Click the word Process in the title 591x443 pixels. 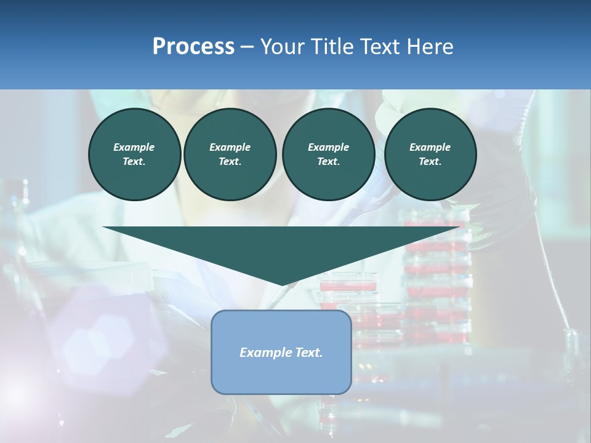(x=193, y=47)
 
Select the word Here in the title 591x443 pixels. (x=428, y=47)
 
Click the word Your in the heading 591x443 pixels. (x=282, y=47)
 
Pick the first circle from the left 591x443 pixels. (x=134, y=154)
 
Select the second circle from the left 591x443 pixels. (x=230, y=154)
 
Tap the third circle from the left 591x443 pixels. (x=328, y=154)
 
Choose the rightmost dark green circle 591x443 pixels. (x=430, y=154)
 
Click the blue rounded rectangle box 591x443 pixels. (x=281, y=352)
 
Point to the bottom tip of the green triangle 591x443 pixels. (x=282, y=284)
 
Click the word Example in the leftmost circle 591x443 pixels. (x=134, y=147)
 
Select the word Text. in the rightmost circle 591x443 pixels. (x=430, y=161)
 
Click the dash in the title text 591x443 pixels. (x=247, y=47)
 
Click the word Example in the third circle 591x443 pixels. (x=328, y=147)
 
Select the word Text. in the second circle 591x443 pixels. (x=230, y=161)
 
